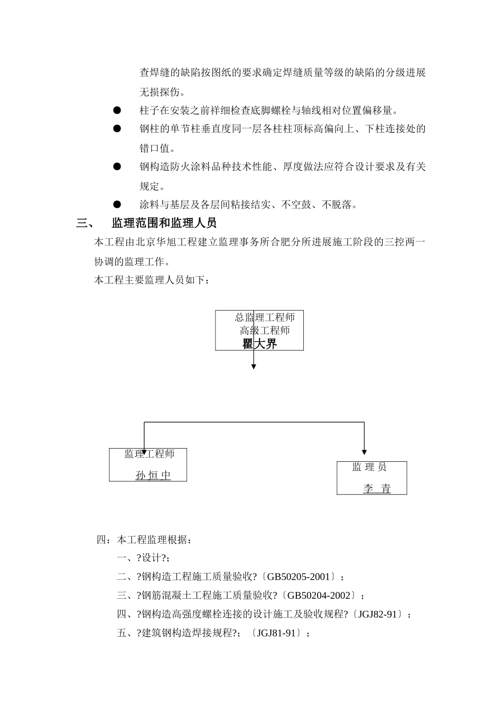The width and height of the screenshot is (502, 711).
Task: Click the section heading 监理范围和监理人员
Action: coord(164,223)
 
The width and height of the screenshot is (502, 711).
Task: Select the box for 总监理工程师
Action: coord(259,330)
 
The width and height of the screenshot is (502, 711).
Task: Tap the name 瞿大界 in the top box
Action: coord(259,344)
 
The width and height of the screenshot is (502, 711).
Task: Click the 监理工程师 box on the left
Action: coord(148,464)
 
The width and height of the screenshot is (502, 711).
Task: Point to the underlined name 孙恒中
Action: coord(153,475)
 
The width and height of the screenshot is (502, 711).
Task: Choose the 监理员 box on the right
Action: coord(371,478)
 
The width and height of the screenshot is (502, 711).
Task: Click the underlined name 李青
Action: coord(377,489)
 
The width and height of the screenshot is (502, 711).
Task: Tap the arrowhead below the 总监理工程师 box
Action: coord(254,366)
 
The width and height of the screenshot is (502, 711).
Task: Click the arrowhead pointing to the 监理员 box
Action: coord(364,452)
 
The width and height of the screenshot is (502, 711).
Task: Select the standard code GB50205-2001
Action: coord(298,577)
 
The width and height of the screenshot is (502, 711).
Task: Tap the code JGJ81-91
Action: coord(276,633)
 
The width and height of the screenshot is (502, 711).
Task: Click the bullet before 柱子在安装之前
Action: coord(117,110)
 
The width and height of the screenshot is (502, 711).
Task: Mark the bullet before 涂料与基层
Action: coord(117,204)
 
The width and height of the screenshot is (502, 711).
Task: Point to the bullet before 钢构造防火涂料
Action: coord(117,167)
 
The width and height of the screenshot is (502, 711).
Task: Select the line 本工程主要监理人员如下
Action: coord(152,280)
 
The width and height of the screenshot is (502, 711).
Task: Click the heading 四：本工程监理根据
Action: coord(144,540)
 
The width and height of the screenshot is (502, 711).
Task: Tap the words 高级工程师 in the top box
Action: coord(265,331)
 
